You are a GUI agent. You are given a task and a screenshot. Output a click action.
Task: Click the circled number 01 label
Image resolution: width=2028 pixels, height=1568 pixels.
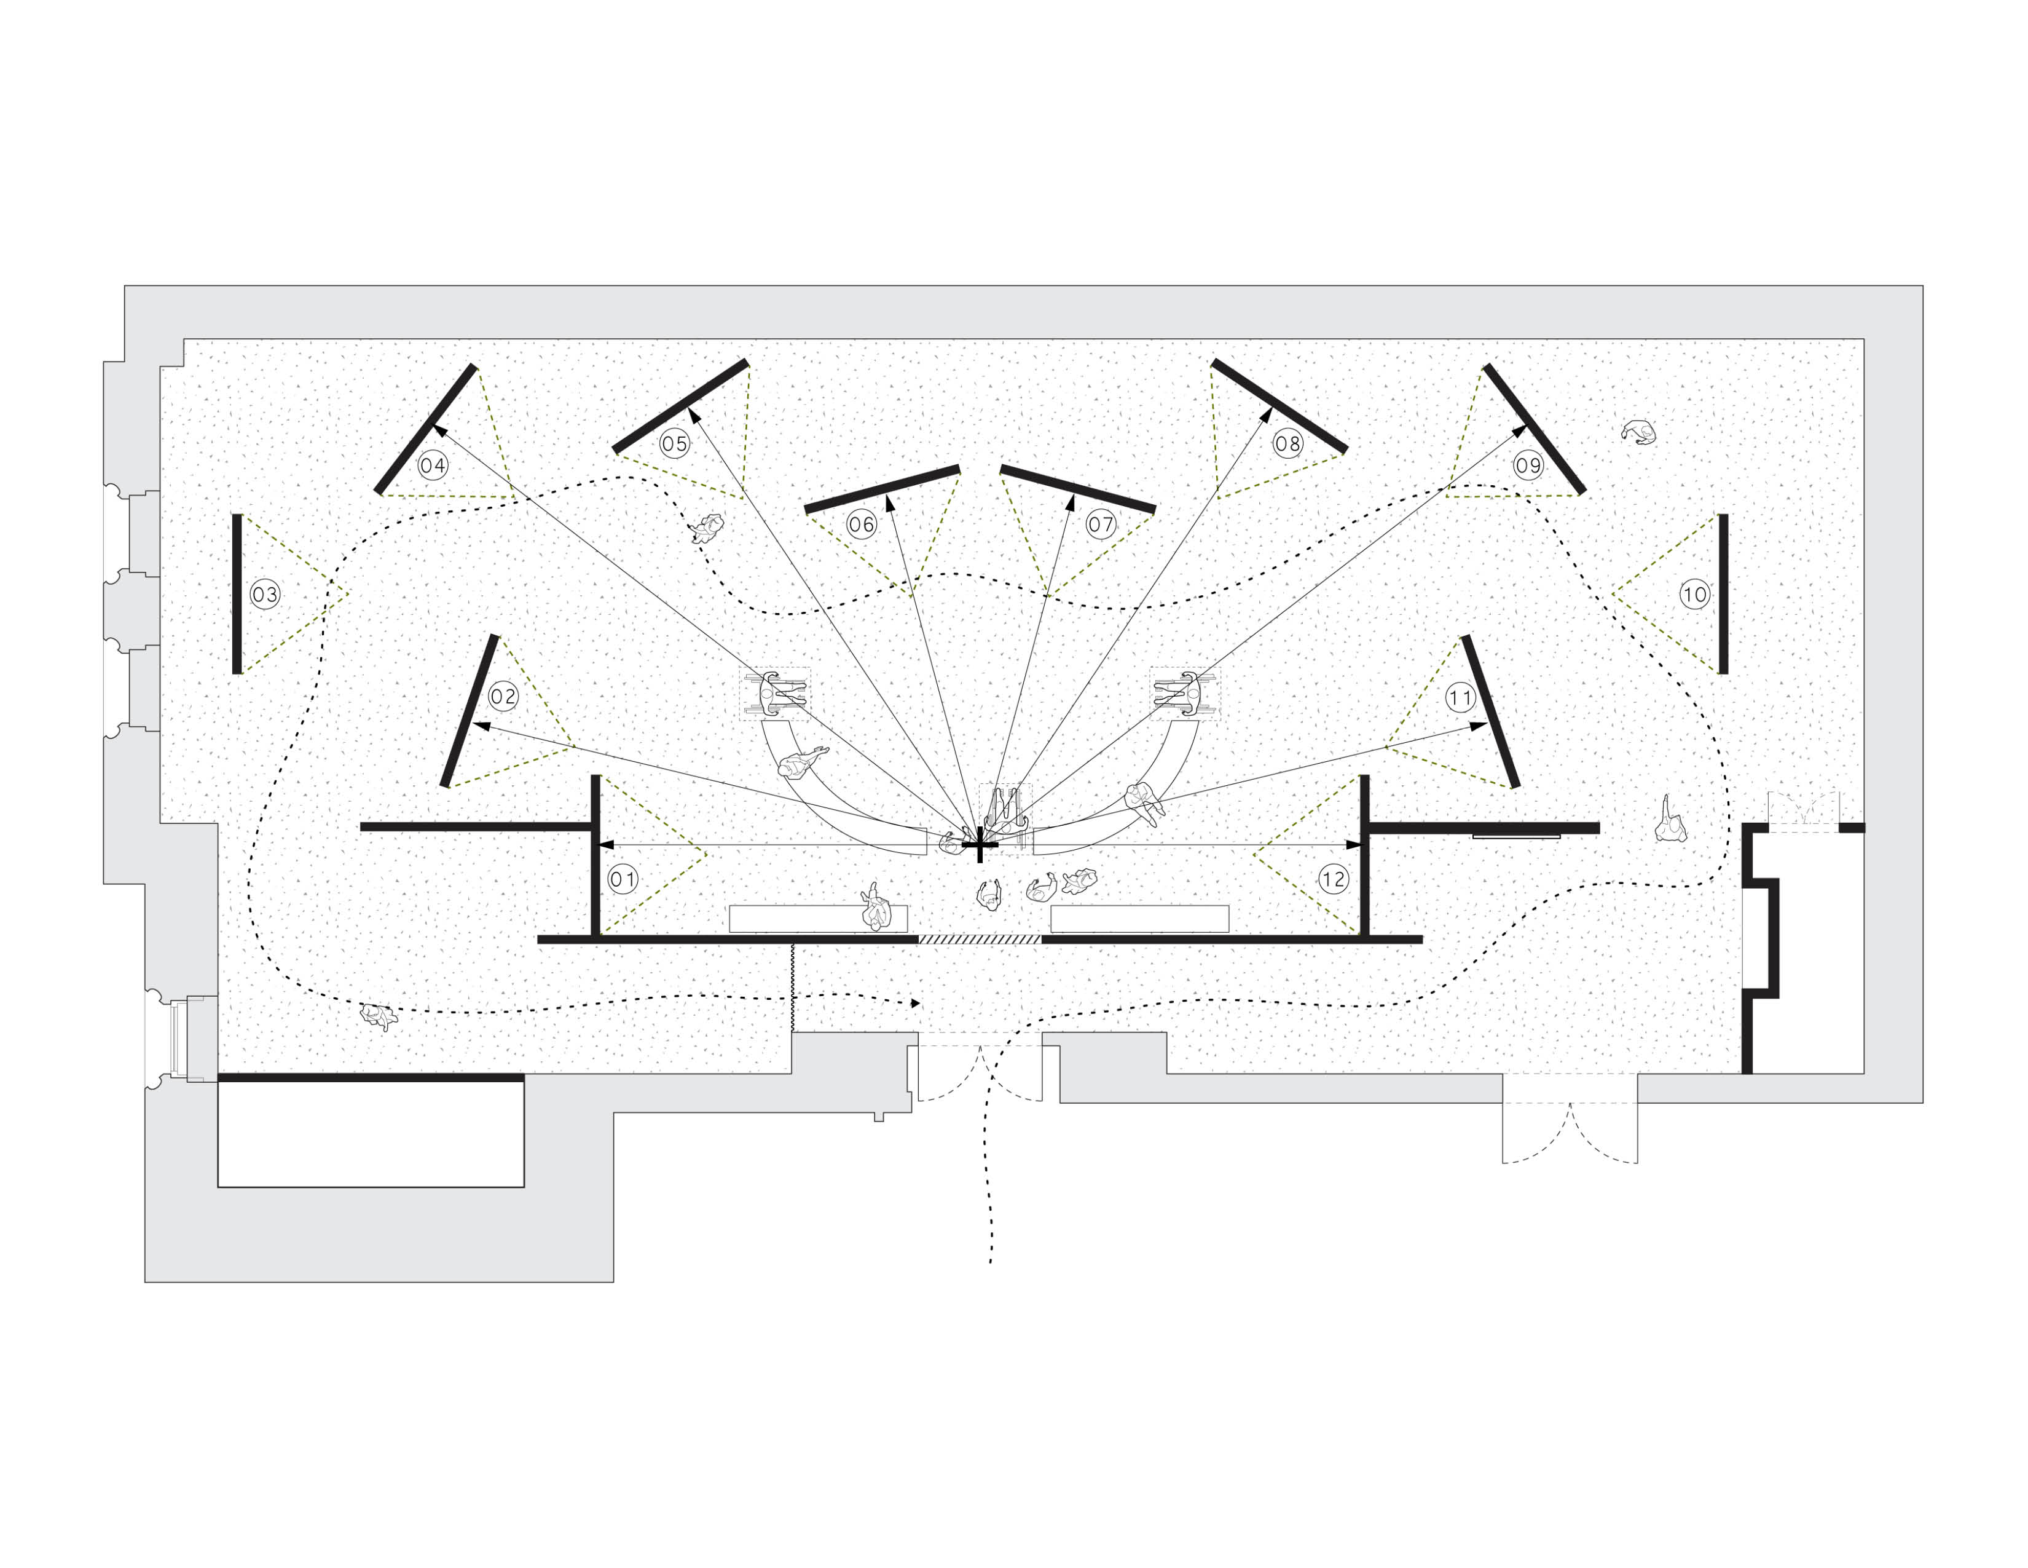point(623,879)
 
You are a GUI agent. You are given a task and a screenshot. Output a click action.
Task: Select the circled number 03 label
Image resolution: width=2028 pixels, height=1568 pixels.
point(265,595)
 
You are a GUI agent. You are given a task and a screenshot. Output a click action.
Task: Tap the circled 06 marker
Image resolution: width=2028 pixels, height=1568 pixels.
point(861,524)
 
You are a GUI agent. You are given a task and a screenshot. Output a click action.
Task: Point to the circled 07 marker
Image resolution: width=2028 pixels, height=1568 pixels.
point(1101,524)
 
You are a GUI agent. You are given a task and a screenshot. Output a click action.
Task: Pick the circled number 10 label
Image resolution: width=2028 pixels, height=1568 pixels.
point(1695,595)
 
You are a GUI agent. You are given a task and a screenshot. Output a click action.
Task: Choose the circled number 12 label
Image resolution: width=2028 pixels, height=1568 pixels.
point(1334,879)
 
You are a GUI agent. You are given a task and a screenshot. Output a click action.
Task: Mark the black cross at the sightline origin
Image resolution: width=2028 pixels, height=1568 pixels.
point(979,845)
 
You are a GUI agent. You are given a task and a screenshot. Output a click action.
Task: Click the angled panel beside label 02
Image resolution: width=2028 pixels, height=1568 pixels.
point(469,711)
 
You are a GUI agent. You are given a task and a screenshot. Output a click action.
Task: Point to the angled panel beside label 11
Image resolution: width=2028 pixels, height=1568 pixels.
point(1490,711)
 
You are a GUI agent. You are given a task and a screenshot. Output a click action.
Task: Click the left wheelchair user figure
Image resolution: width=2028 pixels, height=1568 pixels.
point(776,693)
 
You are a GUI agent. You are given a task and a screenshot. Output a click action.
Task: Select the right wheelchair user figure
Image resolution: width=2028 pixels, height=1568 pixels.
point(1184,693)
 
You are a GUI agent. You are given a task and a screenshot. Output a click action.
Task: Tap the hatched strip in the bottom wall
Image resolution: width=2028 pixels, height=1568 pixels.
point(980,939)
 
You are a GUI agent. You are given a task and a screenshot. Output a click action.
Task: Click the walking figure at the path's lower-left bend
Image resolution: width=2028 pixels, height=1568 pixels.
point(378,1016)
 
